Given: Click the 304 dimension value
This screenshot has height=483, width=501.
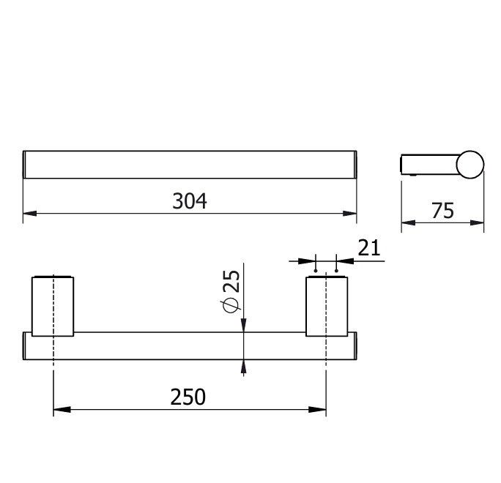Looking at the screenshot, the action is click(x=190, y=201).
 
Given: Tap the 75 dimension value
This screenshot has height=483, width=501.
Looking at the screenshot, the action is click(x=442, y=211).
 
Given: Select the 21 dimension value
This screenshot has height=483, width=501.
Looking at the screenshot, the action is click(x=369, y=248).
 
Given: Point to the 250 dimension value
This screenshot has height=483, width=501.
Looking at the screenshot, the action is click(x=188, y=397).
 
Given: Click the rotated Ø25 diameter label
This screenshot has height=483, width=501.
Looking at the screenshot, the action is click(x=231, y=291).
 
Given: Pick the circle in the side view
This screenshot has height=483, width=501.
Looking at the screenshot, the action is click(x=470, y=165).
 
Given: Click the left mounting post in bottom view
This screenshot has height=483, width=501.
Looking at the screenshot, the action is click(x=53, y=306).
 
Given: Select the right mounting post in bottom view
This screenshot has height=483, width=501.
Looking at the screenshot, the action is click(x=327, y=306).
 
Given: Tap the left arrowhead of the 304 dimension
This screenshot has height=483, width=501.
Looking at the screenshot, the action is click(x=30, y=213).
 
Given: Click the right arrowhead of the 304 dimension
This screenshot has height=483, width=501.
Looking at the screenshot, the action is click(x=349, y=213).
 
